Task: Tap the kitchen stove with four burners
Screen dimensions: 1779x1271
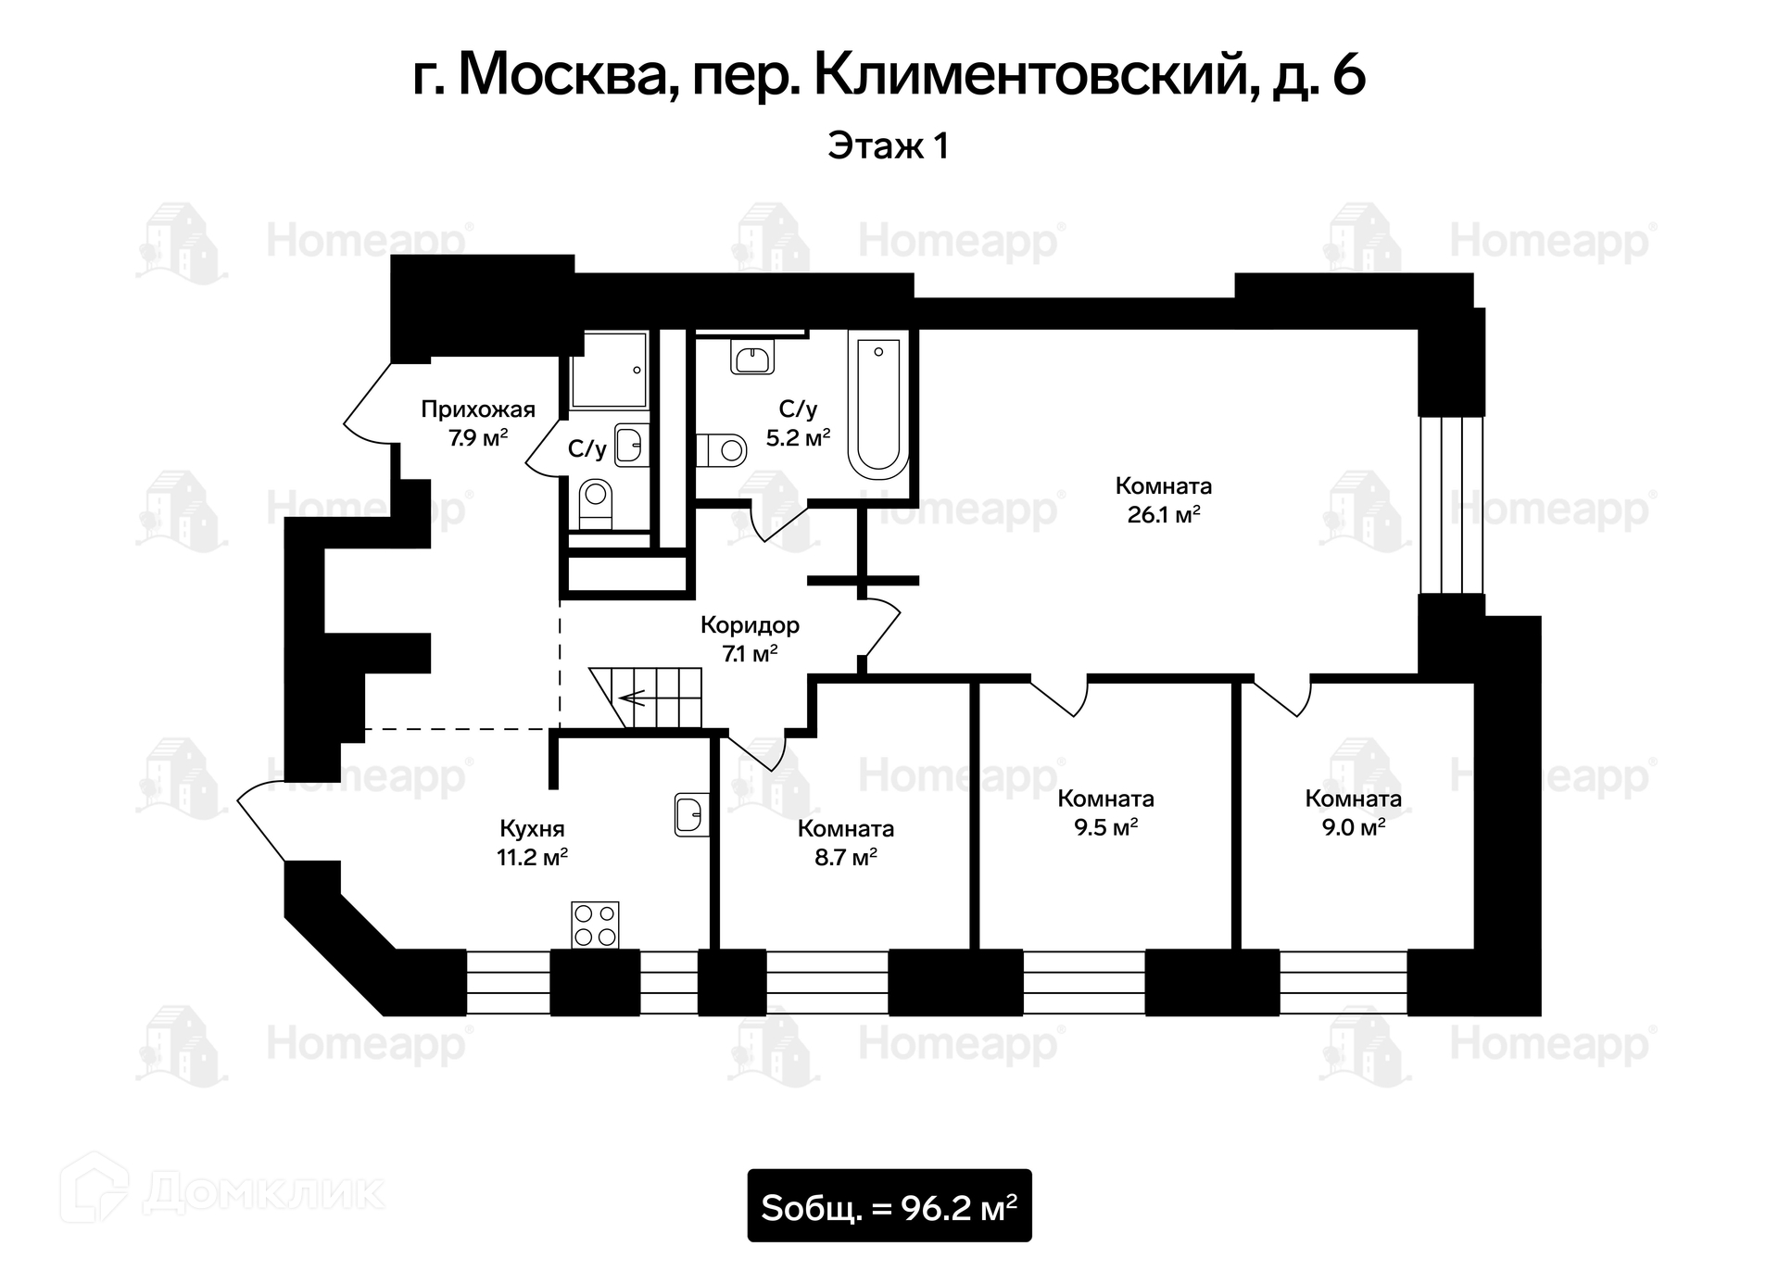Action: [595, 925]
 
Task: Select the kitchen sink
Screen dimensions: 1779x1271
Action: [690, 814]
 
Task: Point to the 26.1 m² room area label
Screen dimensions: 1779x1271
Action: [1163, 515]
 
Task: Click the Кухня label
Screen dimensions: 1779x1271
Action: [532, 828]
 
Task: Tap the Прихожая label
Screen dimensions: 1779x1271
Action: [478, 409]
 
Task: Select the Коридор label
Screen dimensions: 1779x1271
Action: [750, 625]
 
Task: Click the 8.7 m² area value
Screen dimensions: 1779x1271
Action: [845, 858]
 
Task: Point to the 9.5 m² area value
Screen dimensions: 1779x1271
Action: [1105, 827]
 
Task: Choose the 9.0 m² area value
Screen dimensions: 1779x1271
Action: [1353, 827]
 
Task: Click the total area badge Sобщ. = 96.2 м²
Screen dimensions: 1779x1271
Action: [889, 1205]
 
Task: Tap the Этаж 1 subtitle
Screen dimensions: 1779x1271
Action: [888, 146]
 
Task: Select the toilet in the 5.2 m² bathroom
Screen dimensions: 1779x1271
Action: [722, 451]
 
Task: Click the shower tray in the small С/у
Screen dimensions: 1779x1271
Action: [609, 371]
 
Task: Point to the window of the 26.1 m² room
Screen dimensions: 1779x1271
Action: [1452, 504]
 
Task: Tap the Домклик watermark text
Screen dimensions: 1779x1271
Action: [263, 1193]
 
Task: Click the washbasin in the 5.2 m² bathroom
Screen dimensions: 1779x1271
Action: [751, 357]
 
